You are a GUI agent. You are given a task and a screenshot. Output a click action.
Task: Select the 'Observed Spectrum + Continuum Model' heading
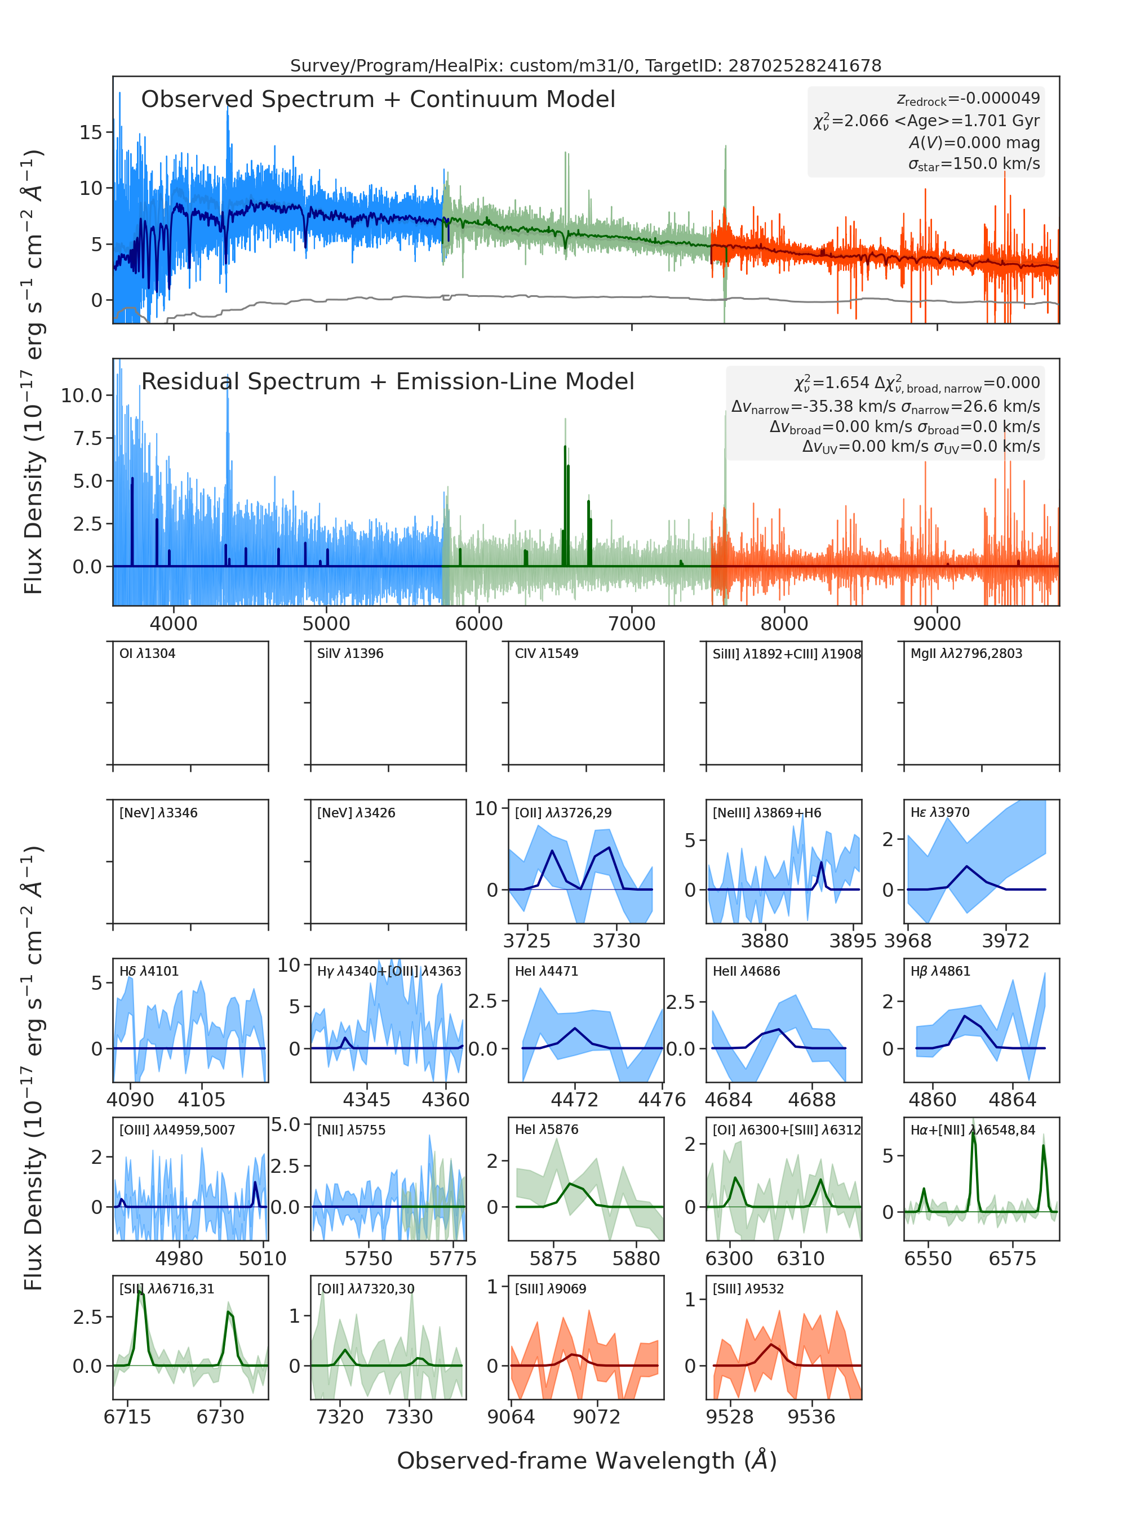[x=378, y=100]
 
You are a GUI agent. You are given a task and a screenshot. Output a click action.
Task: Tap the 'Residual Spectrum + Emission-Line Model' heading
[x=388, y=381]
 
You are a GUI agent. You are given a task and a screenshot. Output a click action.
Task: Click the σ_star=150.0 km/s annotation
[x=974, y=164]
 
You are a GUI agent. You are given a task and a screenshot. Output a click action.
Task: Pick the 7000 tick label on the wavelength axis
[x=632, y=624]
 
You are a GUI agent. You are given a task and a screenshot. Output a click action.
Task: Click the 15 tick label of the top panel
[x=91, y=132]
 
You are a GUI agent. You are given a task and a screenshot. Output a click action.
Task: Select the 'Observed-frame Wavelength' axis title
[x=587, y=1460]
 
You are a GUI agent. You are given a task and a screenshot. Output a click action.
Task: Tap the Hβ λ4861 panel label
[x=940, y=971]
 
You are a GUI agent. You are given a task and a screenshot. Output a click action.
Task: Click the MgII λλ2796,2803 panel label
[x=966, y=653]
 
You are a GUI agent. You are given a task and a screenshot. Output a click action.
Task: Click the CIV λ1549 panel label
[x=547, y=653]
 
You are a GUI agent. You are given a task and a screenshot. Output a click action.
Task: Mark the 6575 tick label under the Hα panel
[x=1013, y=1258]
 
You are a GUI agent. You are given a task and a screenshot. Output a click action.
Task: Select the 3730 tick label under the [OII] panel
[x=616, y=941]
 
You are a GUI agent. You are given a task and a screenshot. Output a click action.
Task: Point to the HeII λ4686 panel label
[x=746, y=971]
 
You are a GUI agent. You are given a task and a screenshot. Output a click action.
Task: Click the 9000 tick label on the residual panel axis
[x=937, y=624]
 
